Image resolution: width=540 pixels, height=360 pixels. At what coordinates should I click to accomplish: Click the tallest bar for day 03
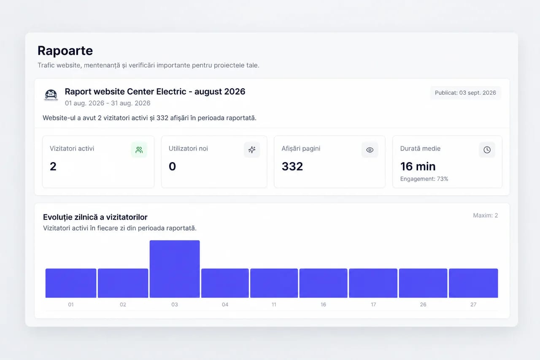[x=175, y=269]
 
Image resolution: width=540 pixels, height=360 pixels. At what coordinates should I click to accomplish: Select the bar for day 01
[x=71, y=283]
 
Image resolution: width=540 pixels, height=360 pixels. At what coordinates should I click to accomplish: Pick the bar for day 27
[x=473, y=283]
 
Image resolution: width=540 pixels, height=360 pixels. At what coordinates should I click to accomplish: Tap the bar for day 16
[x=323, y=283]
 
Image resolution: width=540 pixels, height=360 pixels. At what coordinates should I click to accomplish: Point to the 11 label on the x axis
[x=274, y=305]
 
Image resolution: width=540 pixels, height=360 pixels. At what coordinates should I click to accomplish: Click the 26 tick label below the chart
[x=423, y=305]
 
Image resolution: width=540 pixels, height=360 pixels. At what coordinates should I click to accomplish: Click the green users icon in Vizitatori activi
[x=139, y=150]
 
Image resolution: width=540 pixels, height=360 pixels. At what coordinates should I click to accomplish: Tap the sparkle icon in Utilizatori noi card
[x=252, y=150]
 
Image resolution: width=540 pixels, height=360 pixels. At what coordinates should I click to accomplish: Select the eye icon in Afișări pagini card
[x=370, y=150]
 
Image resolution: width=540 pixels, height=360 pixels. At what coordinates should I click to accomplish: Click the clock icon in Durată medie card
[x=487, y=150]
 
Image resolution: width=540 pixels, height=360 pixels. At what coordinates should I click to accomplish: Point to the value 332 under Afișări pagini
[x=292, y=166]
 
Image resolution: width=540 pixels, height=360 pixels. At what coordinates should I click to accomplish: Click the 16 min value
[x=418, y=166]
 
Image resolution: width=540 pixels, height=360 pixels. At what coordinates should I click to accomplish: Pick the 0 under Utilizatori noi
[x=173, y=166]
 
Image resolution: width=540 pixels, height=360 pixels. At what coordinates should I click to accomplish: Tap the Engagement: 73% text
[x=424, y=179]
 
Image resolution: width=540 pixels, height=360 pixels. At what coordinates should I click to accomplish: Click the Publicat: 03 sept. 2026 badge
[x=465, y=93]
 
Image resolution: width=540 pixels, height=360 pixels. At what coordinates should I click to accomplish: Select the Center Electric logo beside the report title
[x=51, y=95]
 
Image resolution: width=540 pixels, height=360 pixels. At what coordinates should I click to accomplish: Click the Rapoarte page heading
[x=65, y=51]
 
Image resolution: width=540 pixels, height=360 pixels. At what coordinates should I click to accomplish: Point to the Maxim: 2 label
[x=485, y=215]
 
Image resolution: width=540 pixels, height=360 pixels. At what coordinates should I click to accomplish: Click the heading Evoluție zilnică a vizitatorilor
[x=95, y=217]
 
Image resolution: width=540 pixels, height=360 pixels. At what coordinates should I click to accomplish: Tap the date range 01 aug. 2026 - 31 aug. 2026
[x=108, y=103]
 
